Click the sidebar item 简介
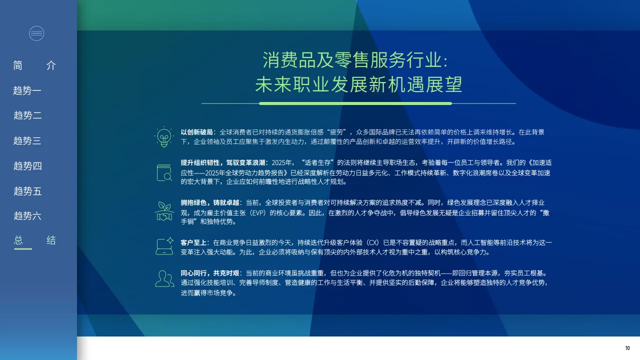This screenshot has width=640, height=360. [34, 65]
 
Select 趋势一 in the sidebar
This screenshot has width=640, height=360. [27, 90]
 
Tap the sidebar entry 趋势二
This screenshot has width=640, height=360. [27, 115]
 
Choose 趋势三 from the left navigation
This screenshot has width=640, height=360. [27, 140]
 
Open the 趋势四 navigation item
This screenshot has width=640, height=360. [27, 166]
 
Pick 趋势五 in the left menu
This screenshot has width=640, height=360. [27, 191]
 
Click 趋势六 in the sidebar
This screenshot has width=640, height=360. [27, 216]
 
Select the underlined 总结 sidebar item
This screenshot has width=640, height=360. [34, 240]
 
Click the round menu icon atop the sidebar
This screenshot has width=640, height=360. [36, 33]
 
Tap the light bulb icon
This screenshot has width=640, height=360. [164, 136]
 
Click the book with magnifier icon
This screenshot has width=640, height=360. [164, 172]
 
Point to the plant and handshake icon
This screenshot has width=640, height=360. [164, 211]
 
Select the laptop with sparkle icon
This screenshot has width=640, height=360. [164, 245]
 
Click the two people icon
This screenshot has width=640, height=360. [164, 278]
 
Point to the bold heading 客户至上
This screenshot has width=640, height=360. [193, 242]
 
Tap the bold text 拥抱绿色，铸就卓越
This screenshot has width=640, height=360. [209, 202]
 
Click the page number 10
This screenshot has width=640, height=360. [627, 348]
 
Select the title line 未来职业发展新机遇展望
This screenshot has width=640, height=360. [358, 85]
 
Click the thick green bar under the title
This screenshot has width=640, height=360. [355, 103]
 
